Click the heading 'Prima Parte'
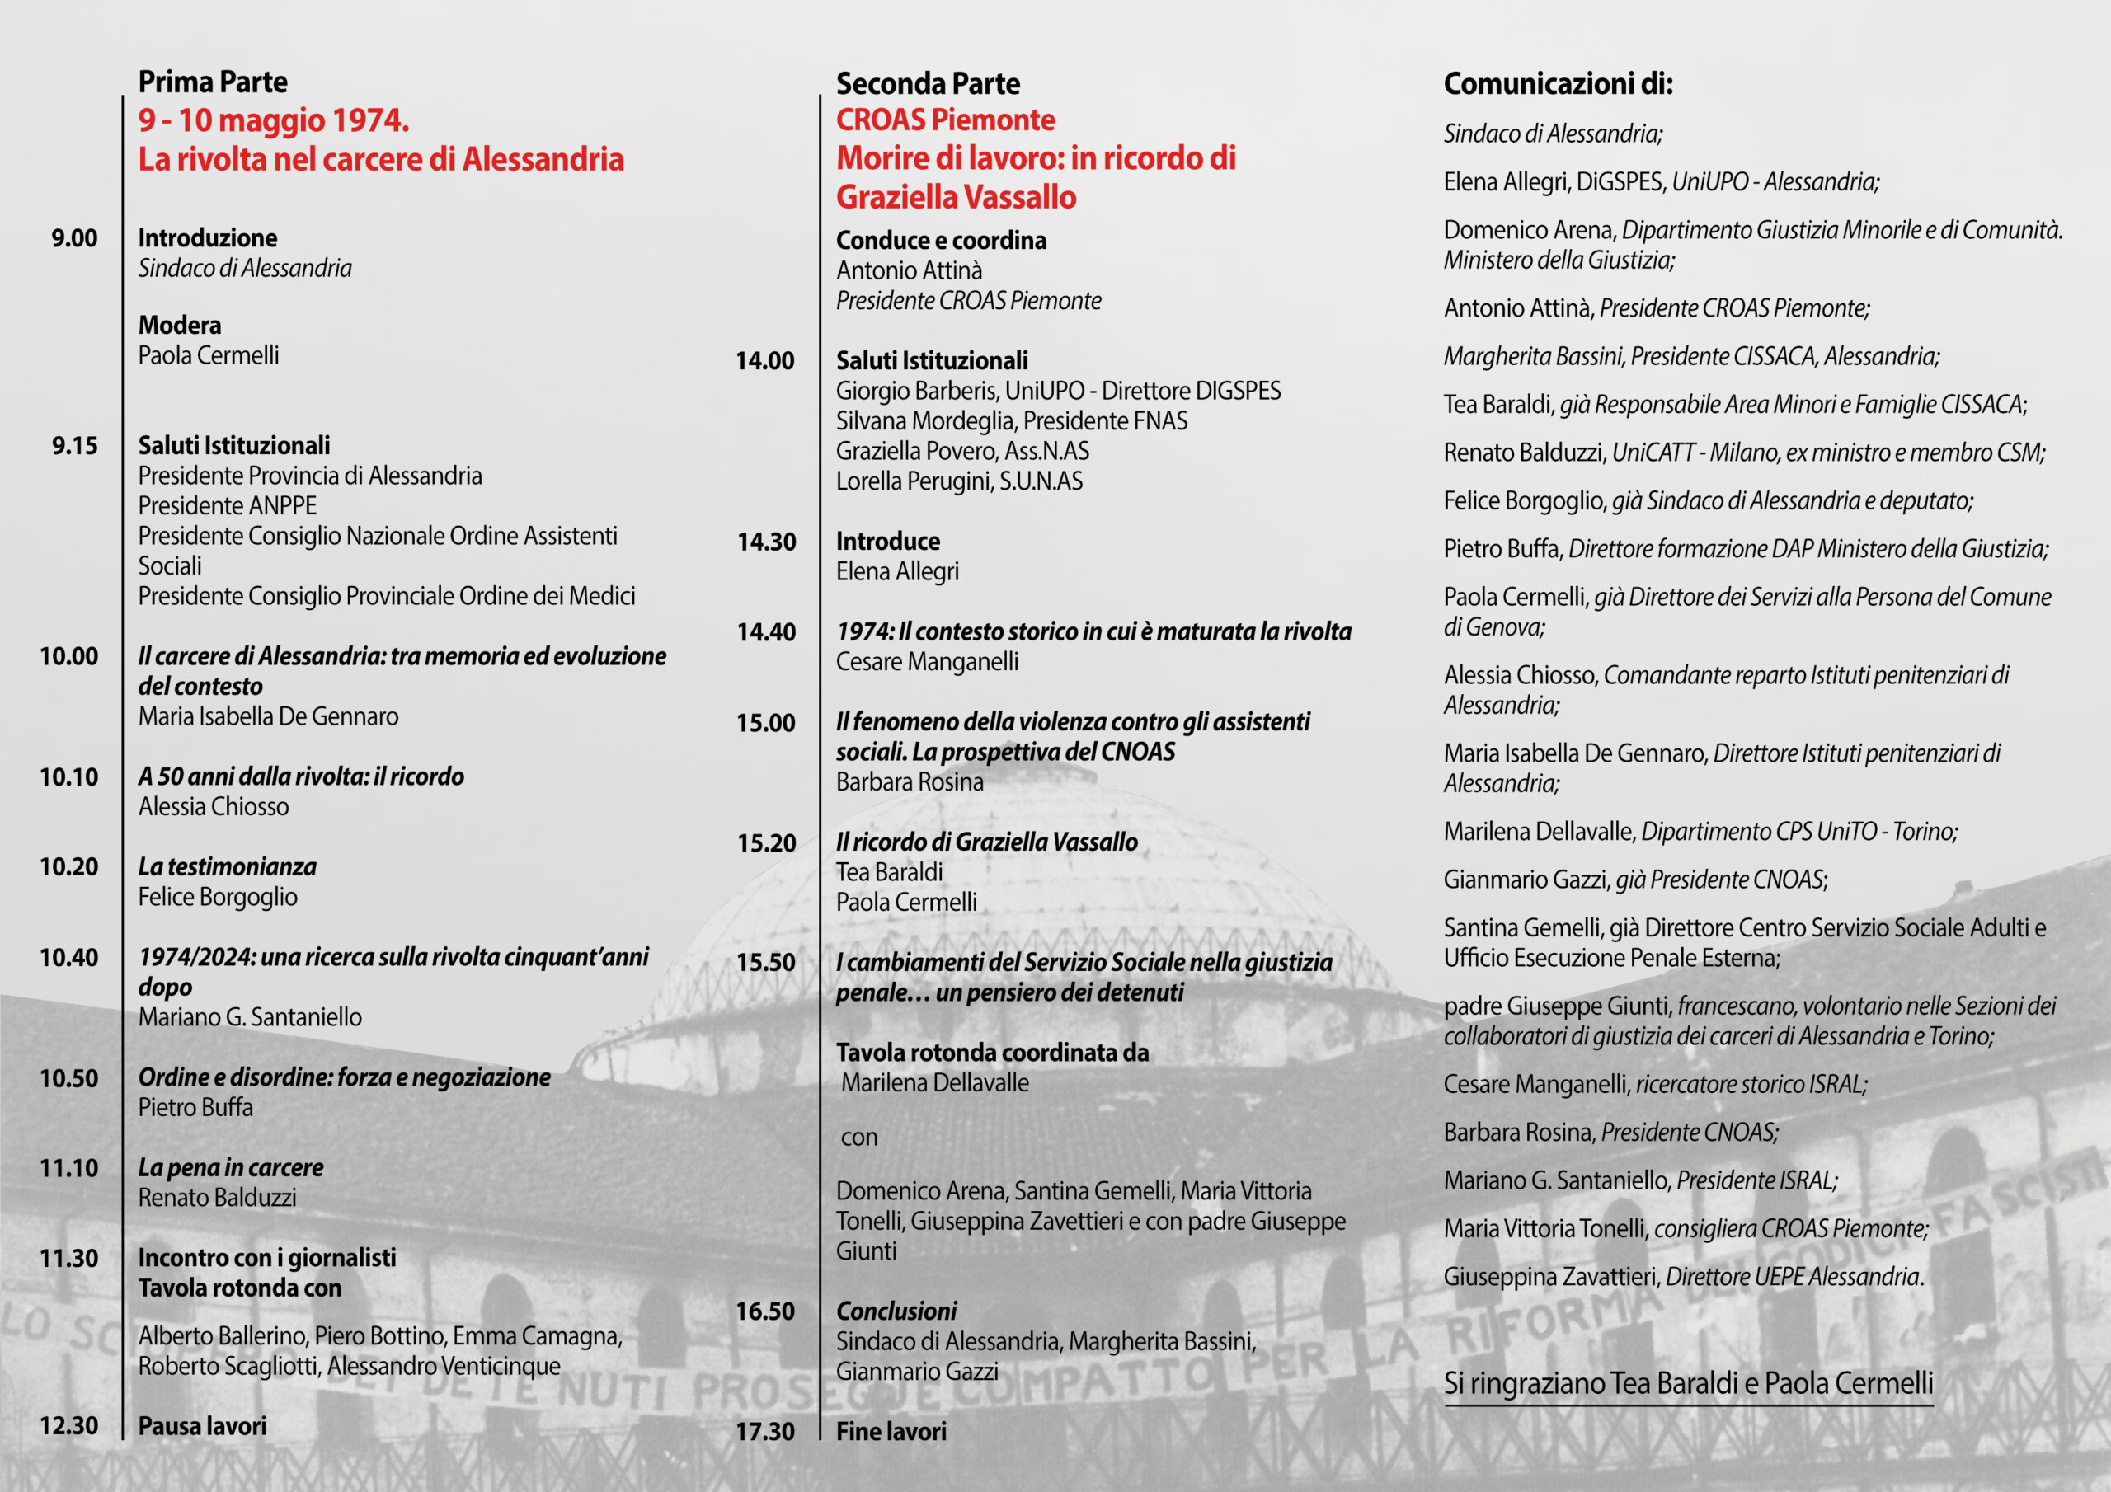pos(213,82)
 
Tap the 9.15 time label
pos(74,446)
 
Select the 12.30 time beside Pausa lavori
pos(68,1426)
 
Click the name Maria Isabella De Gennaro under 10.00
pos(269,716)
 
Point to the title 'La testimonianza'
pos(227,867)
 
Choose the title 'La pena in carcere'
pos(231,1167)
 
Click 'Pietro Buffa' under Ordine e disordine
pos(195,1107)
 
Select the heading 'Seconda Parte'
pos(928,83)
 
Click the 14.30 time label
pos(766,542)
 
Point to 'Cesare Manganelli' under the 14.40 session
pos(927,662)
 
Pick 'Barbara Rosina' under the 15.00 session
pos(910,782)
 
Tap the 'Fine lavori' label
pos(891,1431)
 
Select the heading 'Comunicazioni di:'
pos(1558,83)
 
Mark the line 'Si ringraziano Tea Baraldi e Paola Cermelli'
pos(1688,1382)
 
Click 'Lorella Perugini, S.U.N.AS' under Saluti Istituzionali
pos(959,481)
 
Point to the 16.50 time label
pos(765,1311)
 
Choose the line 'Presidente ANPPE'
pos(227,505)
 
